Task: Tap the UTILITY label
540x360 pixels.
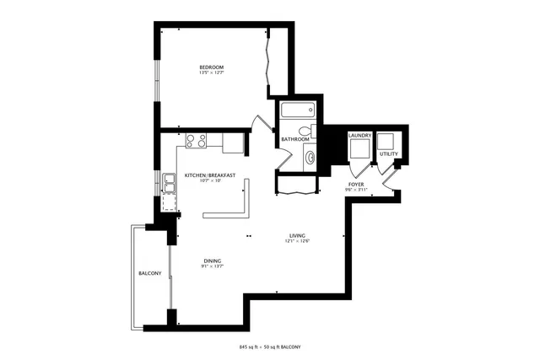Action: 388,154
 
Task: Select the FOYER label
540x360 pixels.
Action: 355,184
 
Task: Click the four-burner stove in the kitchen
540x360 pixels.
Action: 196,141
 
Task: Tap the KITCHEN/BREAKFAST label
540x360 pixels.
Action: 209,175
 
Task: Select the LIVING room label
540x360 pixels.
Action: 297,235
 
